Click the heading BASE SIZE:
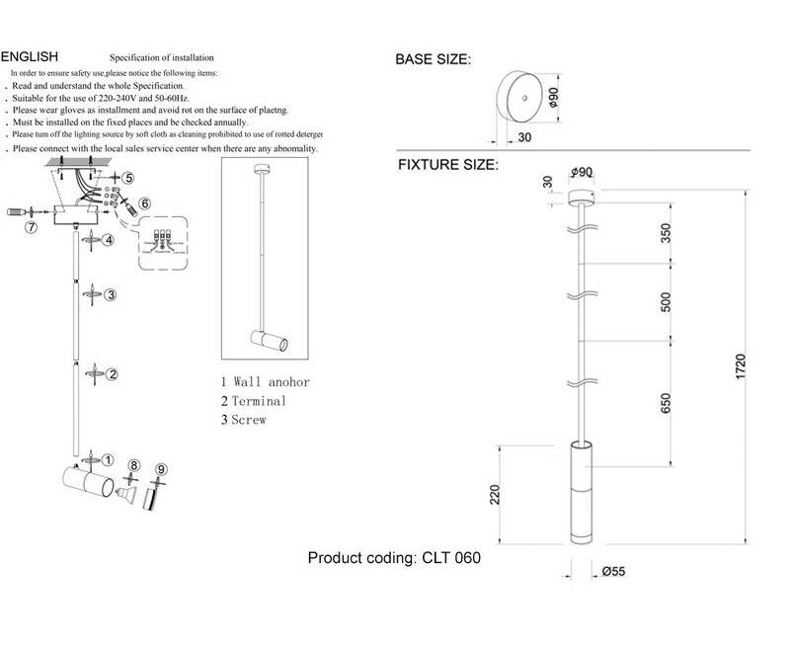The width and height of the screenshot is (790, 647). [434, 59]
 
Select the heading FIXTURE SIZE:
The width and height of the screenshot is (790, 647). [446, 165]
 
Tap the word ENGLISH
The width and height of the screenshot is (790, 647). [31, 57]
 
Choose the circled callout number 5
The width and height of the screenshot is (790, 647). [127, 178]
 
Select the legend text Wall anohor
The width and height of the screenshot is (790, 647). [272, 382]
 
